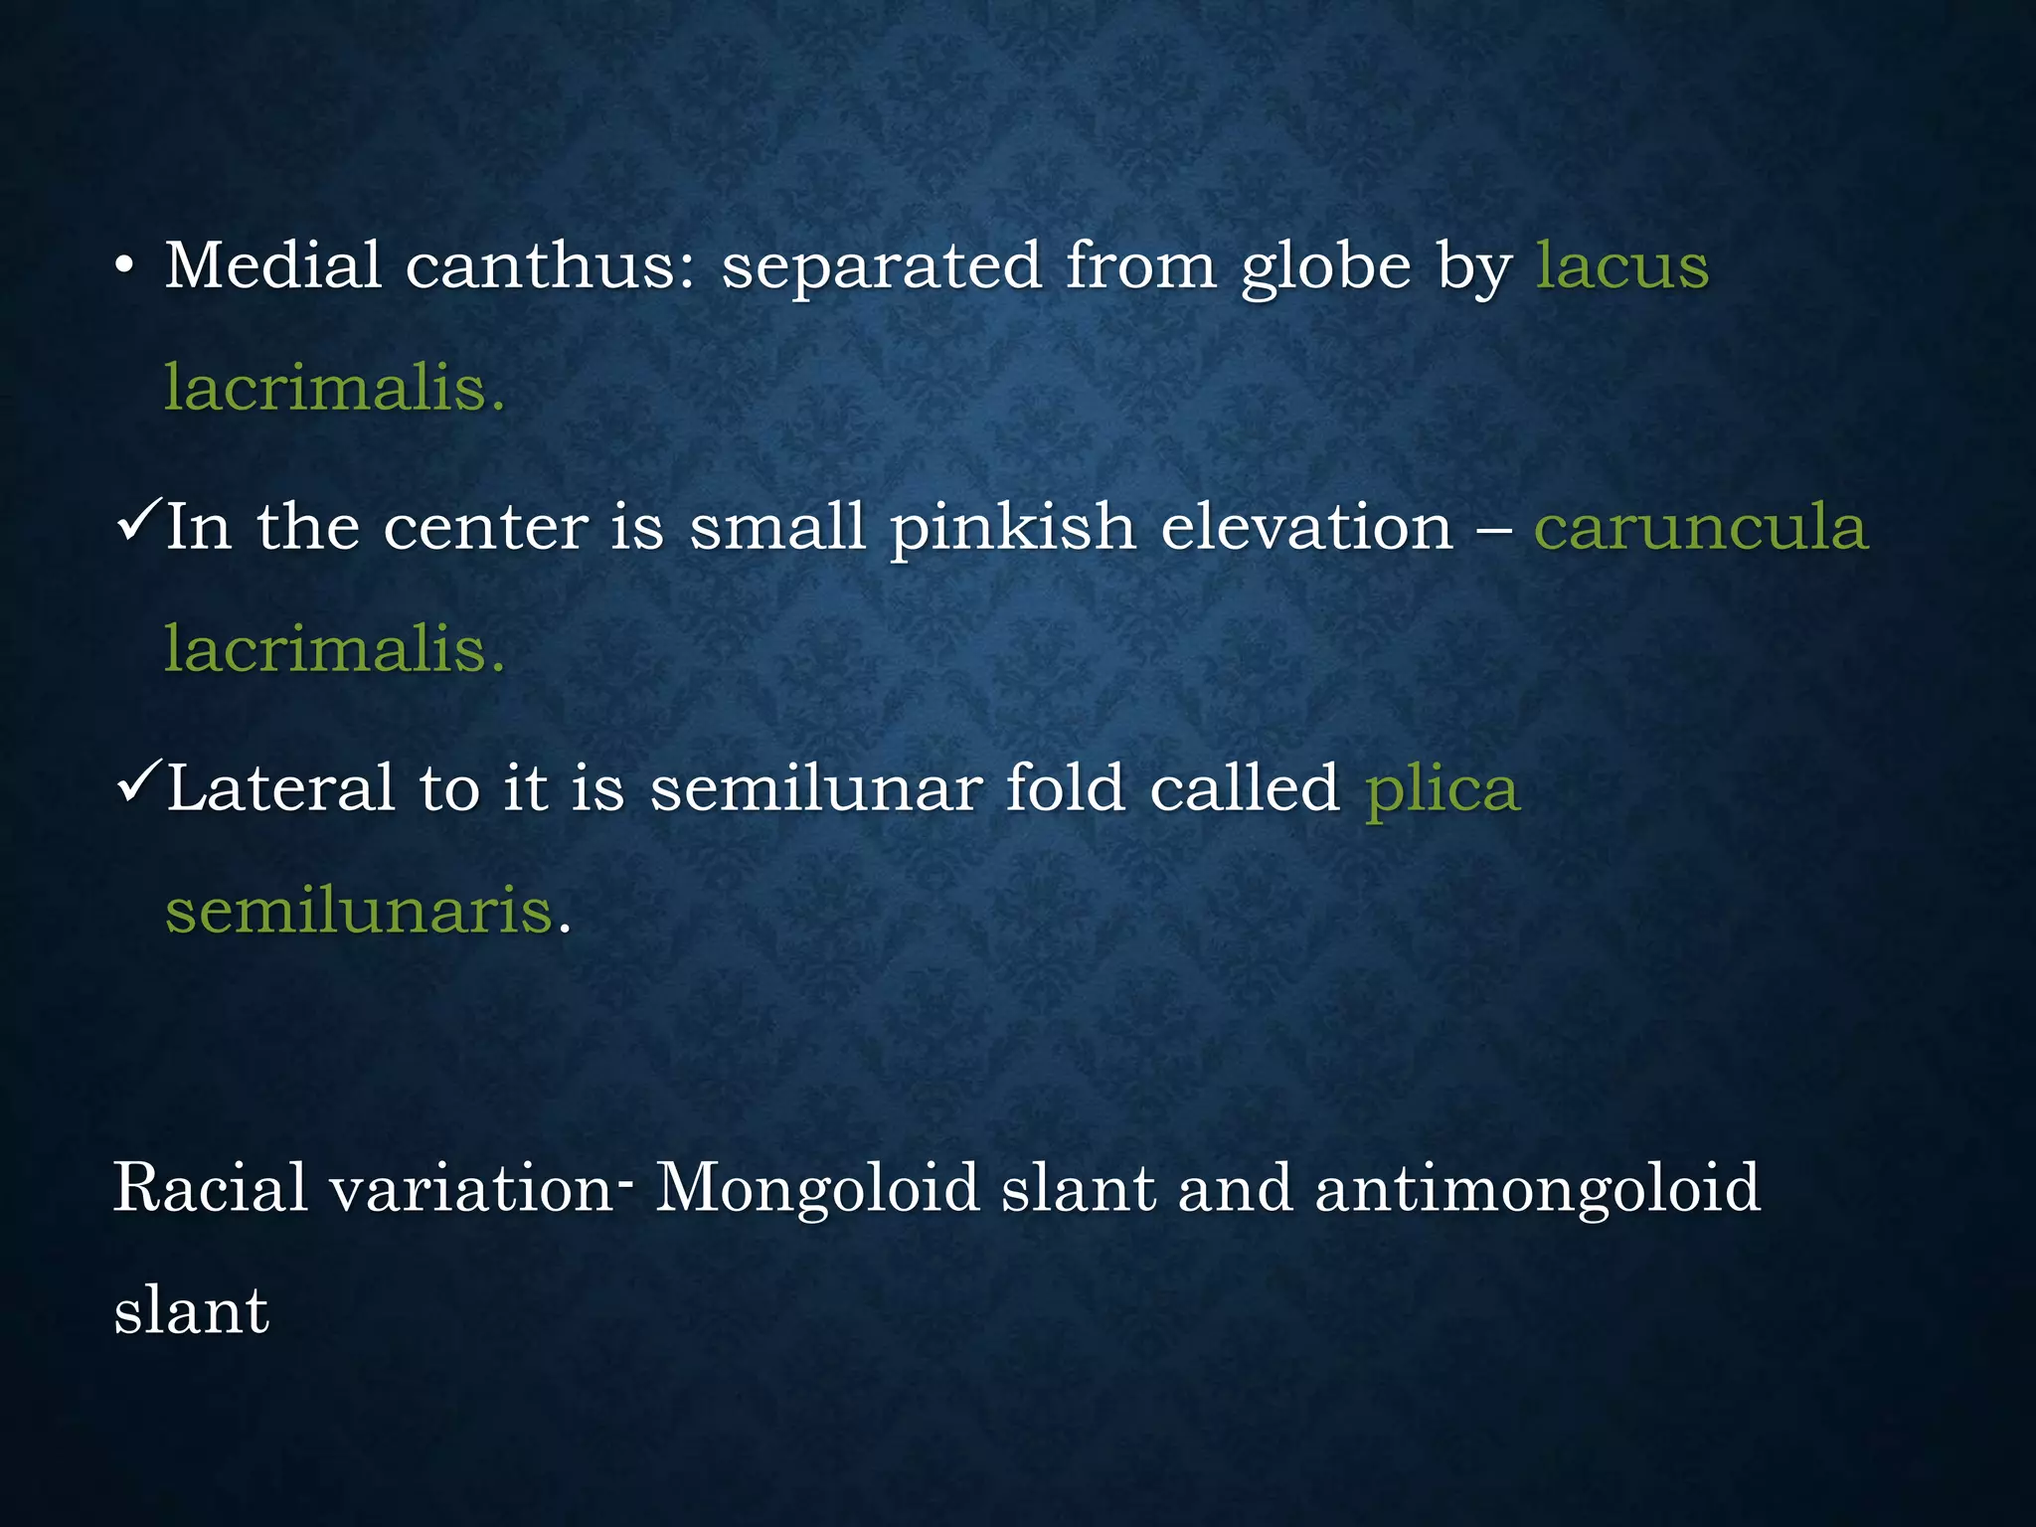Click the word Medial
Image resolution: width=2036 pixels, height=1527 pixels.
pyautogui.click(x=273, y=266)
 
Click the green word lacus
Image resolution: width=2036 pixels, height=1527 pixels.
pyautogui.click(x=1622, y=266)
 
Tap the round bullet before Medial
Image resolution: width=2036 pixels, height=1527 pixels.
pyautogui.click(x=123, y=267)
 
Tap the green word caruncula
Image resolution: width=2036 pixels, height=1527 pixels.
pyautogui.click(x=1701, y=527)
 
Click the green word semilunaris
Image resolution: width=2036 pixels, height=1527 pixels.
pyautogui.click(x=359, y=910)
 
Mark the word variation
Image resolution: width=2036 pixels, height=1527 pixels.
pyautogui.click(x=473, y=1188)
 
